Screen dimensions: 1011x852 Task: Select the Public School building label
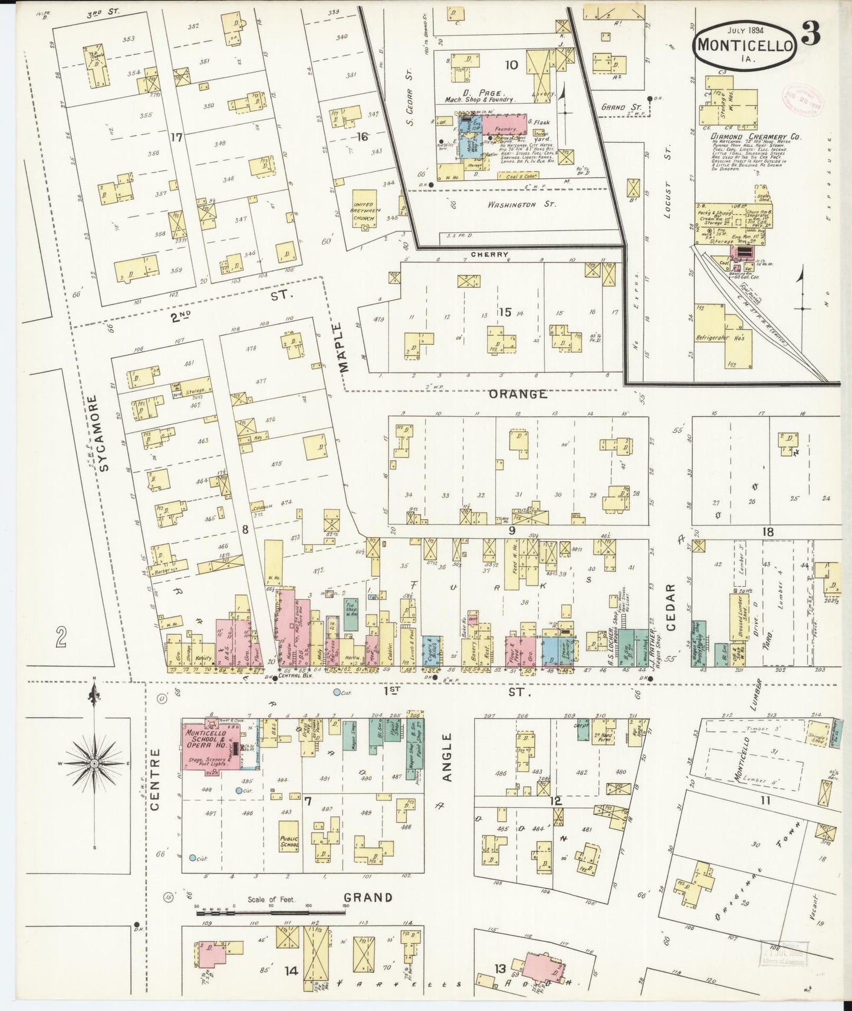289,841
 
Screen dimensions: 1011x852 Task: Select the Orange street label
518,394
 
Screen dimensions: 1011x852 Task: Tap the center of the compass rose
94,764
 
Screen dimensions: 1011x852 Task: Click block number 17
176,137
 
